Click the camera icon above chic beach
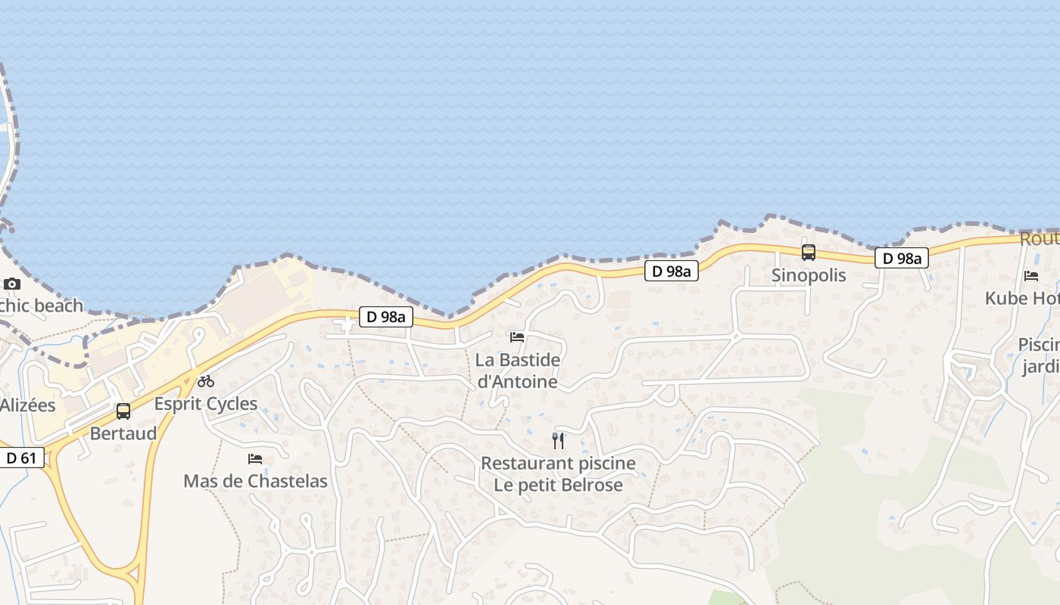pyautogui.click(x=12, y=284)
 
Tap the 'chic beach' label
pyautogui.click(x=42, y=306)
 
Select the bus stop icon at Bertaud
pyautogui.click(x=123, y=411)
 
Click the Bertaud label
pyautogui.click(x=123, y=433)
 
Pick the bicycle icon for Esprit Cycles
pyautogui.click(x=206, y=381)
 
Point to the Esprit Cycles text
pyautogui.click(x=206, y=404)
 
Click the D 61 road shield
pyautogui.click(x=21, y=458)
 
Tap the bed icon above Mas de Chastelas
pyautogui.click(x=255, y=459)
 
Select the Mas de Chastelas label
pyautogui.click(x=255, y=481)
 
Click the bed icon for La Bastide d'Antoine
pyautogui.click(x=517, y=337)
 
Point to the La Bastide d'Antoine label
pyautogui.click(x=518, y=371)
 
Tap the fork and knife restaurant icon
pyautogui.click(x=559, y=440)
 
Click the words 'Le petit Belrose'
pyautogui.click(x=559, y=486)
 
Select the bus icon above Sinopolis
pyautogui.click(x=809, y=253)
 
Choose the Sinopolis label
pyautogui.click(x=809, y=275)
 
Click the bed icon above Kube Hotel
pyautogui.click(x=1031, y=276)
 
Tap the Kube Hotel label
pyautogui.click(x=1022, y=299)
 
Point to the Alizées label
pyautogui.click(x=28, y=405)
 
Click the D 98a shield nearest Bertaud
pyautogui.click(x=386, y=317)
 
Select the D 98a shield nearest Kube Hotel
pyautogui.click(x=901, y=259)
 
